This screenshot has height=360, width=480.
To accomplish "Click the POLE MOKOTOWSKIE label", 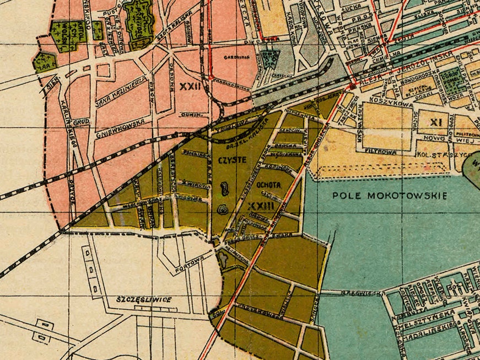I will click(x=390, y=196).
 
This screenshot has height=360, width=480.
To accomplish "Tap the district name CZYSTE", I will click(x=231, y=160).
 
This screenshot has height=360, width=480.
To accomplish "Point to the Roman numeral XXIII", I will click(x=261, y=206).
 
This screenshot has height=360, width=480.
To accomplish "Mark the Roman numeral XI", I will click(x=436, y=122).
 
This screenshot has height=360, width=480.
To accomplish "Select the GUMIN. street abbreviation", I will click(x=190, y=115).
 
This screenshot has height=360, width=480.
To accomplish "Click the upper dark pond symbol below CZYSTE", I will click(x=224, y=189).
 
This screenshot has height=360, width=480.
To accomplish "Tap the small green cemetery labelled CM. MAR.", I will click(x=44, y=62).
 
